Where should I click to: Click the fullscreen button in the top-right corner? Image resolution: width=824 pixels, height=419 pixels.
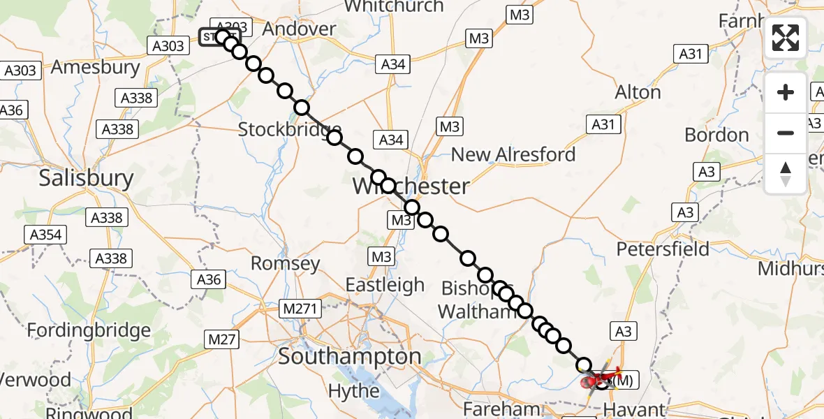[x=786, y=37]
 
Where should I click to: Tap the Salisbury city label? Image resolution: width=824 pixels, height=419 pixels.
[x=86, y=178]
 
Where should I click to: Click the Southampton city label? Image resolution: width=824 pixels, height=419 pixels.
[x=349, y=357]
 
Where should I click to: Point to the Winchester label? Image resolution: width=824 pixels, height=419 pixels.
[x=411, y=186]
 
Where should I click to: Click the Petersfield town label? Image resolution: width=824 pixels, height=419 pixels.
[x=663, y=249]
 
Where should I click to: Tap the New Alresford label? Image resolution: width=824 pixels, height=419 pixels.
[x=513, y=154]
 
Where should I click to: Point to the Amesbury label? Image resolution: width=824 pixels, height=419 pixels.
[x=95, y=68]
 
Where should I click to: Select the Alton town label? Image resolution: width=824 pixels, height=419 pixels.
[x=638, y=92]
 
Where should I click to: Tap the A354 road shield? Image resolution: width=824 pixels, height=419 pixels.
[x=45, y=235]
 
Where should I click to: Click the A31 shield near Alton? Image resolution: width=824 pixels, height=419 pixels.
[x=605, y=124]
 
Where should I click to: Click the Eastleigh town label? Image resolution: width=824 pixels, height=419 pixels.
[x=385, y=285]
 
